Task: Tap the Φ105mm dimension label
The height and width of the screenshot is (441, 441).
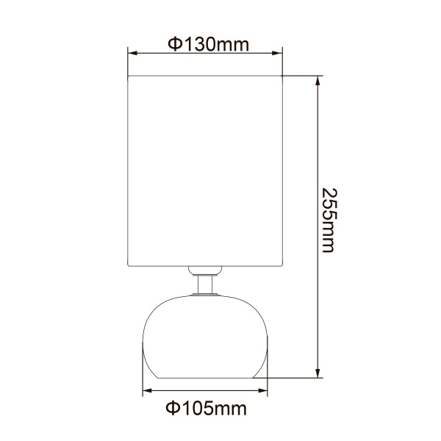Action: point(207,406)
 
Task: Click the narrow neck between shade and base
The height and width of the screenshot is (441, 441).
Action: point(206,284)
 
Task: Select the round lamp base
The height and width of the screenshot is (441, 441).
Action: point(206,334)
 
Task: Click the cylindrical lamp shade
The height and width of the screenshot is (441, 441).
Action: point(206,169)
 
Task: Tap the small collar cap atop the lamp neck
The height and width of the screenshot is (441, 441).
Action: point(206,270)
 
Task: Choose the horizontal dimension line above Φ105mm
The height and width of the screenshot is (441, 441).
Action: point(206,391)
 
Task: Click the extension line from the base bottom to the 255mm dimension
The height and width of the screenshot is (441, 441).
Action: point(294,379)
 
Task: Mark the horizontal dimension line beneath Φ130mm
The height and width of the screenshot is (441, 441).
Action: point(206,54)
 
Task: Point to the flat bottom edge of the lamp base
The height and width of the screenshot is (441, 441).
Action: point(206,378)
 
